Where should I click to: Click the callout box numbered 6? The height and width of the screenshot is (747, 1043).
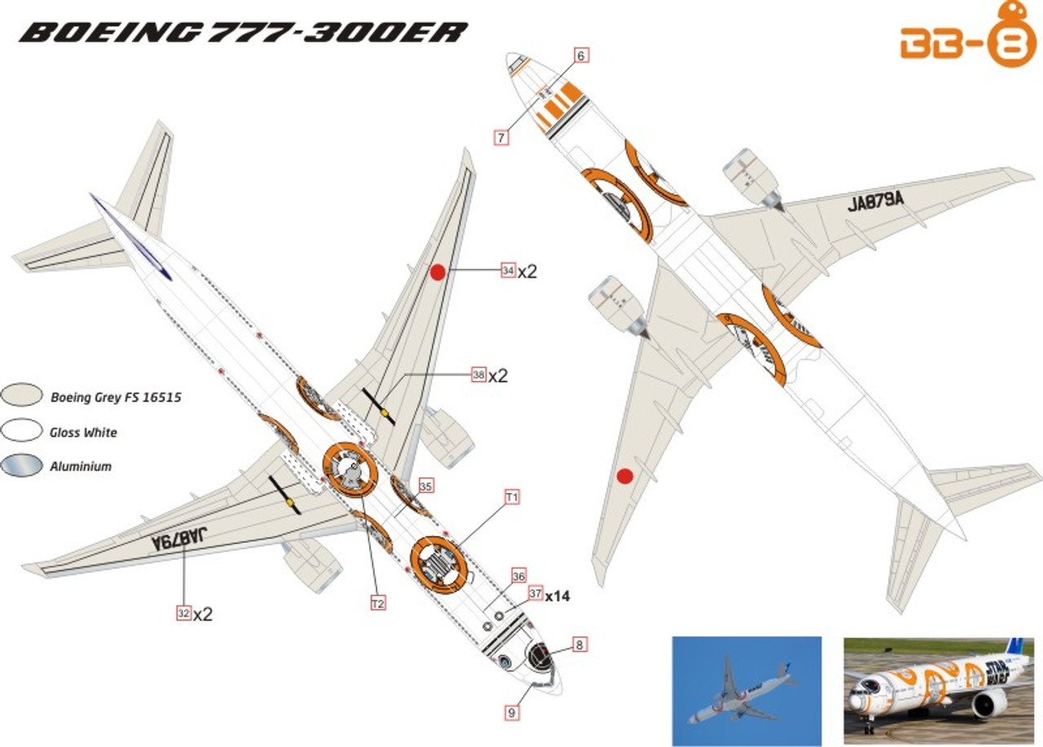tap(580, 55)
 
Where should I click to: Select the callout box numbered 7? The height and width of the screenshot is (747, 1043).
tap(501, 137)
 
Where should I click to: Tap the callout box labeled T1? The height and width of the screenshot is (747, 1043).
tap(513, 496)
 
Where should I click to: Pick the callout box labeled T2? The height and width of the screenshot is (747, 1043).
tap(377, 603)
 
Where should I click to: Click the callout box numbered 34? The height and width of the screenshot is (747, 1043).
tap(508, 270)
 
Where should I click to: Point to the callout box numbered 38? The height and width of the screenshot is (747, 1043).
tap(478, 375)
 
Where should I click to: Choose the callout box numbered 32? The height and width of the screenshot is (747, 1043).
tap(184, 613)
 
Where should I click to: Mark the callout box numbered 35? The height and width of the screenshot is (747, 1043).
tap(425, 486)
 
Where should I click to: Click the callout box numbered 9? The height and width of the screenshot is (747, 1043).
tap(512, 711)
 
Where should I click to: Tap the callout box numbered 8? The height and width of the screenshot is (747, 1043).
tap(579, 645)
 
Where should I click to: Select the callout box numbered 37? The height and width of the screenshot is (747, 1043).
tap(535, 594)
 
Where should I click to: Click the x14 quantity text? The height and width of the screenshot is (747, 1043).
tap(557, 596)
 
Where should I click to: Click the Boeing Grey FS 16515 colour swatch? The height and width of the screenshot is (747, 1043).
tap(22, 394)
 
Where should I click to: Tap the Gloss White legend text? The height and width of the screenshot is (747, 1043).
tap(84, 433)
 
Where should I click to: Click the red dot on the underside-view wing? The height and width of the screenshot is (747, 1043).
tap(625, 477)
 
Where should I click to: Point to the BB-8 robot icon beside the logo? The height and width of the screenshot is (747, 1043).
tap(1013, 38)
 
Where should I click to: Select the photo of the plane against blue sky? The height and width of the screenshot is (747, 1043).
tap(746, 691)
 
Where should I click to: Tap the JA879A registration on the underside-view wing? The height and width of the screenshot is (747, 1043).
tap(876, 203)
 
